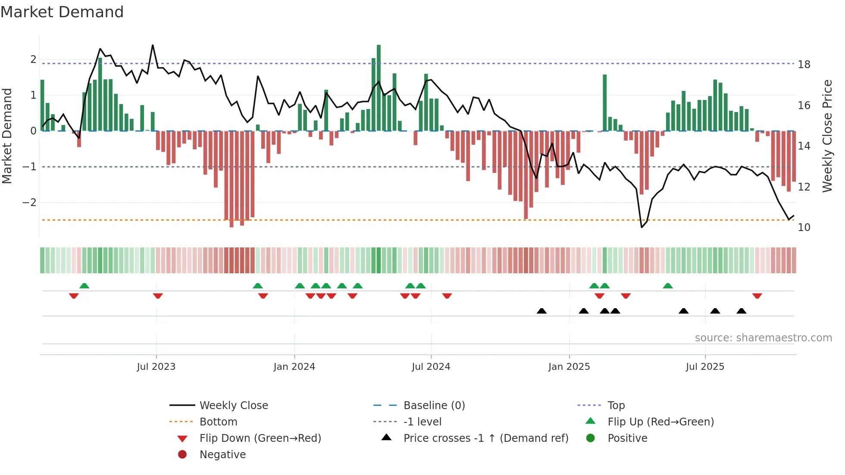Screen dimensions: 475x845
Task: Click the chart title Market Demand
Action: [62, 12]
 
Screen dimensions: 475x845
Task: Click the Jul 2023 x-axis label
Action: [156, 367]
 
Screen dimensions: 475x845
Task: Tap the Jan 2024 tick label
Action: [294, 367]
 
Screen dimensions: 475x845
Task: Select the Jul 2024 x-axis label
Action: [431, 367]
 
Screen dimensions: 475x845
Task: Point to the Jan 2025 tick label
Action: [569, 367]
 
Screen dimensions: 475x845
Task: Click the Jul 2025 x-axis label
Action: [705, 367]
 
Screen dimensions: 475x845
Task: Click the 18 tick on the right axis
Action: [804, 65]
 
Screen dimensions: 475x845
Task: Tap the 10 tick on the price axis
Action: [804, 228]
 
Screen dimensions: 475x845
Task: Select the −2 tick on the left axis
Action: [29, 203]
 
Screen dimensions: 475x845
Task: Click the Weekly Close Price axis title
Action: [827, 136]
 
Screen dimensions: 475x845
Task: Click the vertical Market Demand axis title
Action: [7, 136]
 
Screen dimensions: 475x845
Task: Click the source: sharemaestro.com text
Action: [763, 338]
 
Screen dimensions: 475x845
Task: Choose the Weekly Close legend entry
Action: [233, 406]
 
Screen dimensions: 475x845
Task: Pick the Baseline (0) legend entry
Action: [434, 406]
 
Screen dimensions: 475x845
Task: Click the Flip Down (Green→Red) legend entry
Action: [260, 438]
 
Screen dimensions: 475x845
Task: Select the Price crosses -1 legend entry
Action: [485, 438]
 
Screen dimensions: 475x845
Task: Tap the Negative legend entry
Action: [222, 455]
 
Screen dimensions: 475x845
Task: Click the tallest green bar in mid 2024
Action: [379, 86]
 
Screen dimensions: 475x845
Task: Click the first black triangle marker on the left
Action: [541, 311]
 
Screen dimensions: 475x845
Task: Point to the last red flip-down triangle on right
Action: [757, 296]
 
